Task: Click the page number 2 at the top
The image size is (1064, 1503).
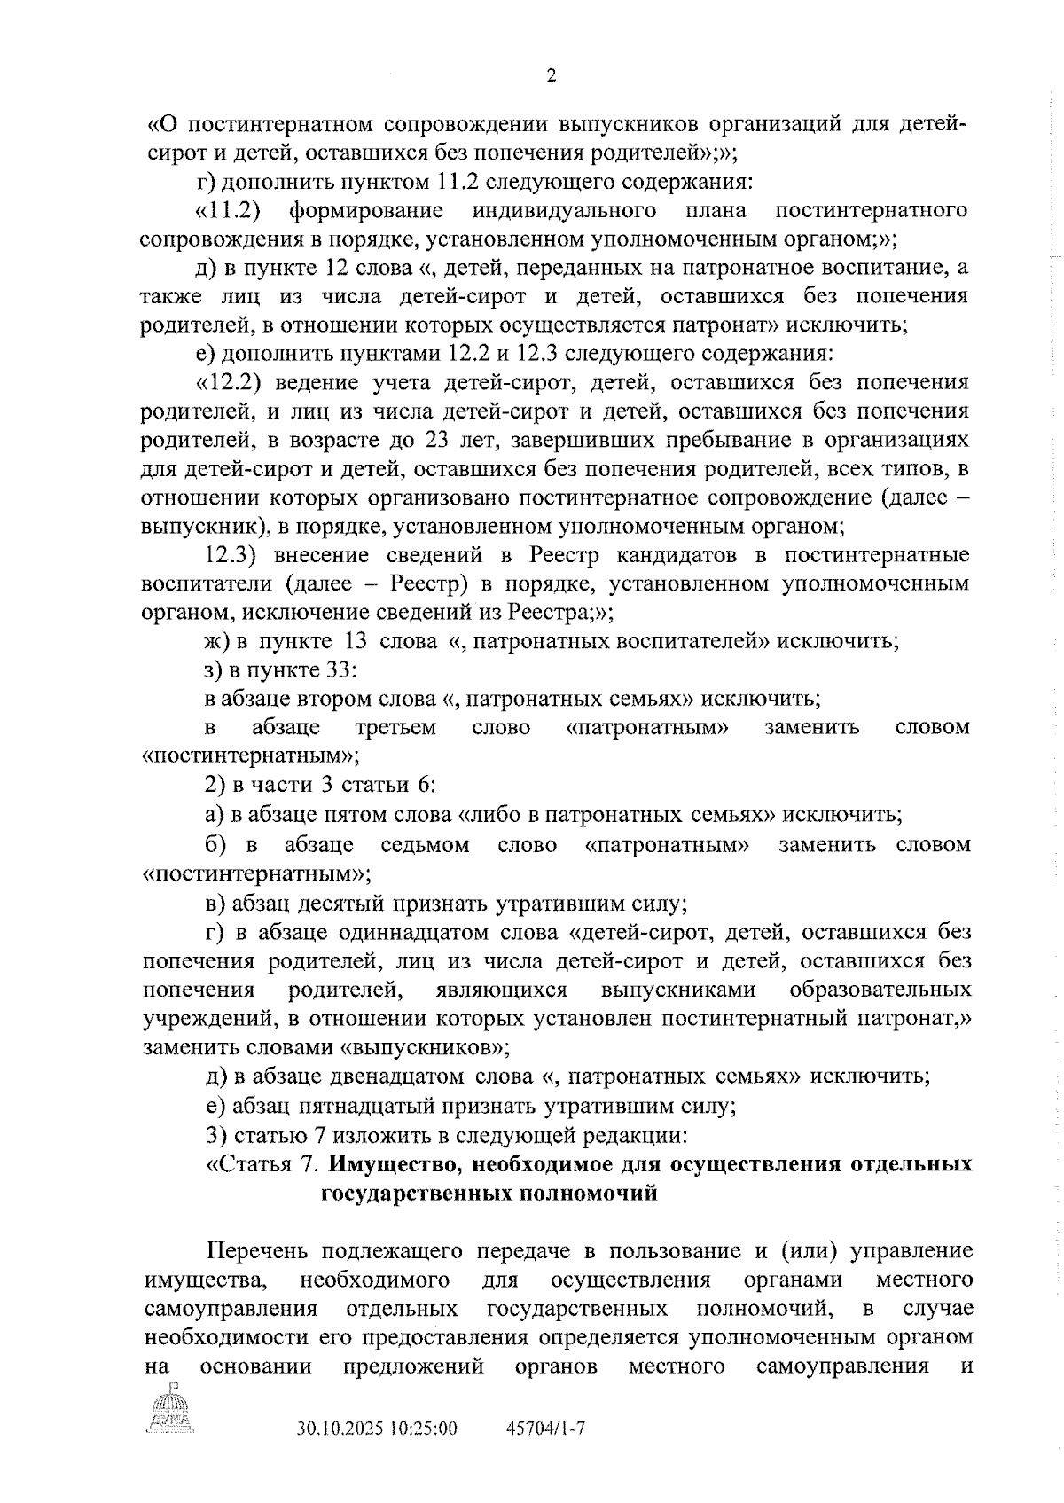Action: (551, 76)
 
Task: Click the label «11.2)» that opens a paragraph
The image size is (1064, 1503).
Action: (231, 210)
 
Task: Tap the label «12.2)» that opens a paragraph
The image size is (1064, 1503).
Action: (231, 382)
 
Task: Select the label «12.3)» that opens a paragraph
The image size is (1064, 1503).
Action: (231, 554)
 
